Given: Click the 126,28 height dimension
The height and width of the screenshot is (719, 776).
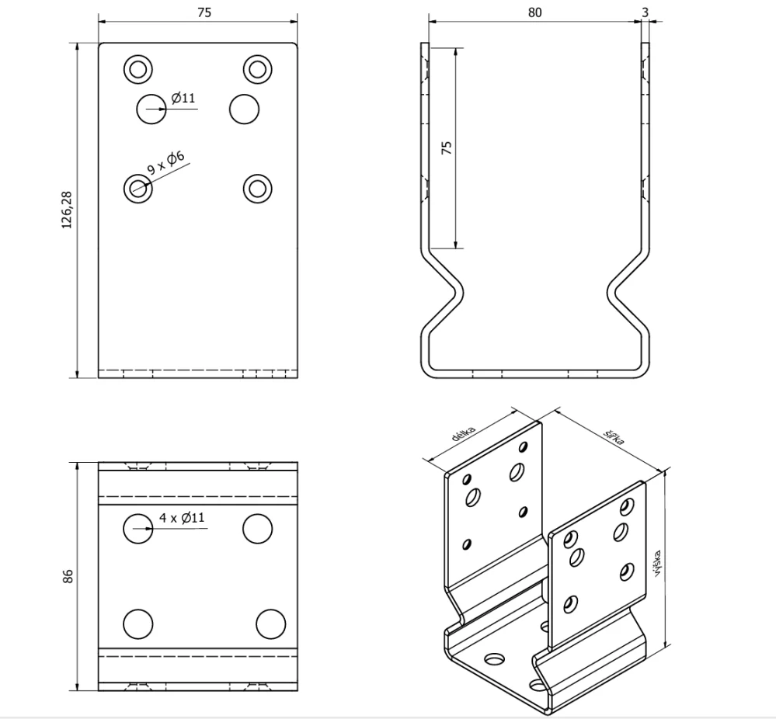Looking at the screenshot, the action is pos(67,210).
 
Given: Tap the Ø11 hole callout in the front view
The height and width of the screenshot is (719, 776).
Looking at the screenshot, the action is pos(183,98).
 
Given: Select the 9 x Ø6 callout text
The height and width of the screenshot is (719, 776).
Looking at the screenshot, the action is pos(165,163).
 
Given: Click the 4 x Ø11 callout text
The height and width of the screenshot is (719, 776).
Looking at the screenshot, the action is pos(182,518).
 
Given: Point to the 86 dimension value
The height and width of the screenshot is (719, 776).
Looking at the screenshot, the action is pos(68,576).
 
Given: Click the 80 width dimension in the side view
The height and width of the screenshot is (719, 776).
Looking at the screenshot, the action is pos(534,12).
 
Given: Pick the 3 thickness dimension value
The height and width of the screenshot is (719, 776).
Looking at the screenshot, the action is pos(645,12).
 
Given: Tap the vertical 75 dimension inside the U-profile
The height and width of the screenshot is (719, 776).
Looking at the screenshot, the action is pos(447,148).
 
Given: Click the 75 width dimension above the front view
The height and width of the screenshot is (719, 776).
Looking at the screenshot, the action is pos(204,12).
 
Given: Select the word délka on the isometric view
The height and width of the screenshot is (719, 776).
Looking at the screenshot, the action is pos(464,433).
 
